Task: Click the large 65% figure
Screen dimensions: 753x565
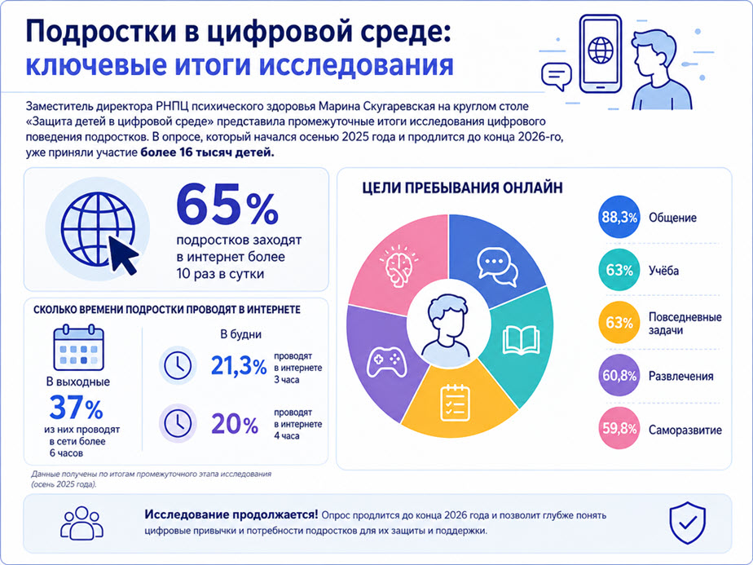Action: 227,205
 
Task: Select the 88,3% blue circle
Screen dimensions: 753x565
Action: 619,217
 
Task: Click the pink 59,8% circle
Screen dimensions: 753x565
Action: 619,428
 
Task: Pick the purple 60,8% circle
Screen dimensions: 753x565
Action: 619,375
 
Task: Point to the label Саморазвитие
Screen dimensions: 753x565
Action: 685,430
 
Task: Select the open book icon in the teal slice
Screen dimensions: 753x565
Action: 521,340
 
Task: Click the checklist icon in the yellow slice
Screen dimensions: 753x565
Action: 455,403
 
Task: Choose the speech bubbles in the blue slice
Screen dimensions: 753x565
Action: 497,267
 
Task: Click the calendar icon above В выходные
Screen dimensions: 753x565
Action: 79,348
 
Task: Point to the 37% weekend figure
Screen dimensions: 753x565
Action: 77,408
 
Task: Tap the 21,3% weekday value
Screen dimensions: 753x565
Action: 239,367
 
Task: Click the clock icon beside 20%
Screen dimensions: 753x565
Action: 178,423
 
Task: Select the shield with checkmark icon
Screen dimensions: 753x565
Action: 688,523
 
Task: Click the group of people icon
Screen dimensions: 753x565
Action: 82,523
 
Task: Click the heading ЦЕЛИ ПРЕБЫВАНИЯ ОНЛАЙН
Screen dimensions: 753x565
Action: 462,188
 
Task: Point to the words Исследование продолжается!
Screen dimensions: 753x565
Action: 231,514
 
